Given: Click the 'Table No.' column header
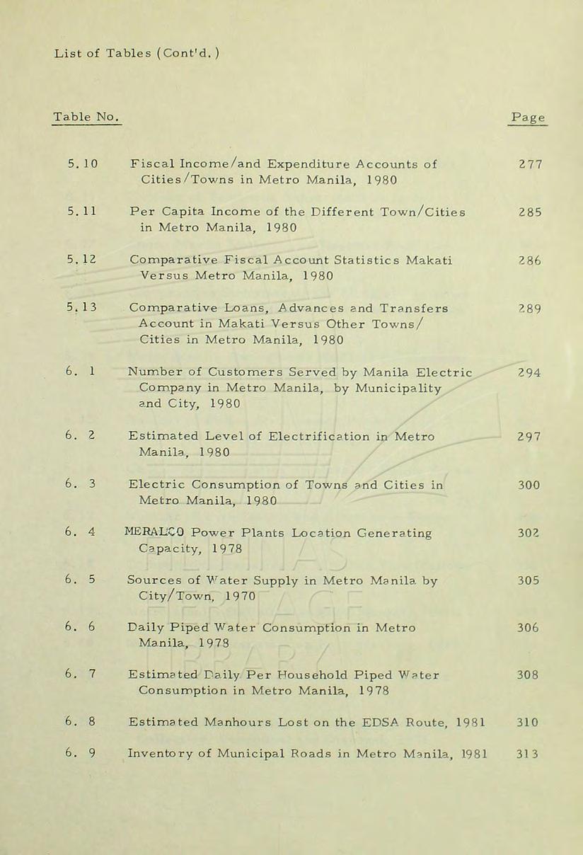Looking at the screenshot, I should pos(86,116).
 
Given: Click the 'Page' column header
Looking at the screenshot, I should pos(527,117).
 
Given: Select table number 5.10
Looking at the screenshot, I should pos(83,164).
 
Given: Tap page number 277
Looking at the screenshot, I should pos(529,164).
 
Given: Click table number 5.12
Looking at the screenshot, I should pos(83,260).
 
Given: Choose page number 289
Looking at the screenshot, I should pos(529,308).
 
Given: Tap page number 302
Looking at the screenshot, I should pos(529,532).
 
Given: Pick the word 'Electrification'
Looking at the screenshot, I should pos(328,437).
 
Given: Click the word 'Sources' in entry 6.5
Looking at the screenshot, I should pos(154,580).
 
